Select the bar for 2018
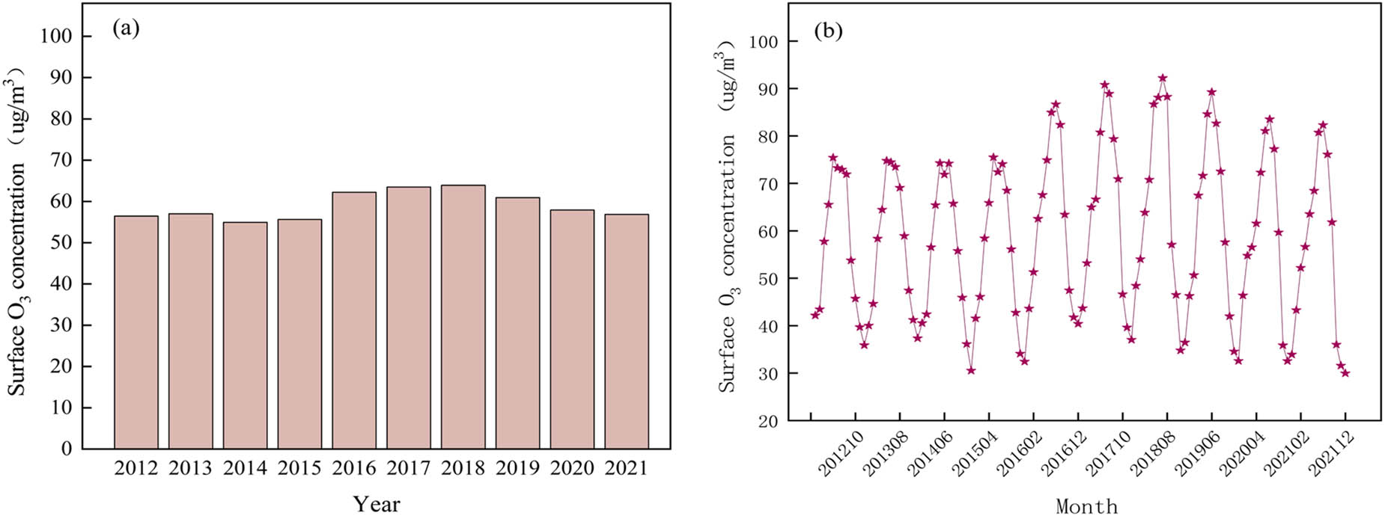[x=463, y=317]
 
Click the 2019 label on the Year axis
[x=517, y=469]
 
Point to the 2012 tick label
[x=136, y=469]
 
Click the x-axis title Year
[x=376, y=503]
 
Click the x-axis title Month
[x=1086, y=506]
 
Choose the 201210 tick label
[x=837, y=454]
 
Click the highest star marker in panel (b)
[x=1163, y=78]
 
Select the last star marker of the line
[x=1345, y=372]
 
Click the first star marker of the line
[x=815, y=315]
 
